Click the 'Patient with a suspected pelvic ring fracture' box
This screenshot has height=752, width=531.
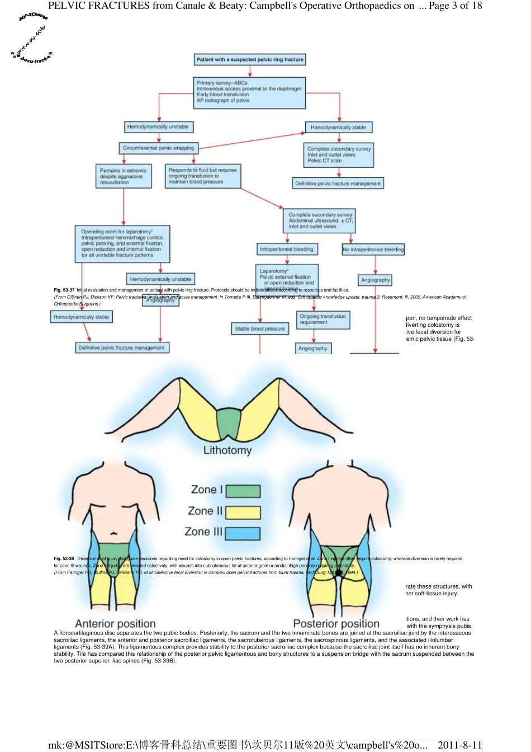pos(250,59)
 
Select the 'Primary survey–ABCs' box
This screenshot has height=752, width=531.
pos(249,92)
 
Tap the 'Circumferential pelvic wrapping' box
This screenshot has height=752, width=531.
pos(158,148)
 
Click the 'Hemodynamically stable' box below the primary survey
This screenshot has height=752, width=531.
pos(338,128)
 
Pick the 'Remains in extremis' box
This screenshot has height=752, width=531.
pos(123,176)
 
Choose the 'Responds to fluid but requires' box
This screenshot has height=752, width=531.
pos(203,176)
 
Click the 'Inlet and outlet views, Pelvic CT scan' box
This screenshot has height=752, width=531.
pos(339,154)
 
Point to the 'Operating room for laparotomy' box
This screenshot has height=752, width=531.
pos(122,243)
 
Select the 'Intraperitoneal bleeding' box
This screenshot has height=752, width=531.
pos(286,249)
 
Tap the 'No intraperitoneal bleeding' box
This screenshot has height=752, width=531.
pos(373,250)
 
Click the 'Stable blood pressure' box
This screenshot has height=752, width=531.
pos(260,329)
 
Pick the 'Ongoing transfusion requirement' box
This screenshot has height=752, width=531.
pos(323,319)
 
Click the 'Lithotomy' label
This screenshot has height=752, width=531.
pos(227,450)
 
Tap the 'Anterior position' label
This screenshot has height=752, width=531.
pos(115,624)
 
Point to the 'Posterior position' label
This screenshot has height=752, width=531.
pos(336,624)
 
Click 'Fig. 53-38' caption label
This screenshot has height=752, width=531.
pos(64,558)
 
